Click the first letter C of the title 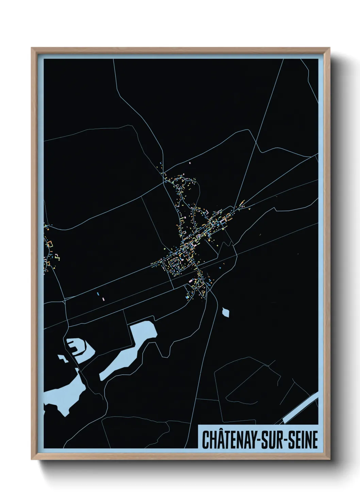click(206, 440)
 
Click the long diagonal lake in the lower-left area click(129, 351)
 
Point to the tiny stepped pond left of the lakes click(63, 358)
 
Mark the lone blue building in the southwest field click(98, 293)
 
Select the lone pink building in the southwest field click(103, 299)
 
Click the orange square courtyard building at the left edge click(51, 244)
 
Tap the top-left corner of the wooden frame click(32, 48)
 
